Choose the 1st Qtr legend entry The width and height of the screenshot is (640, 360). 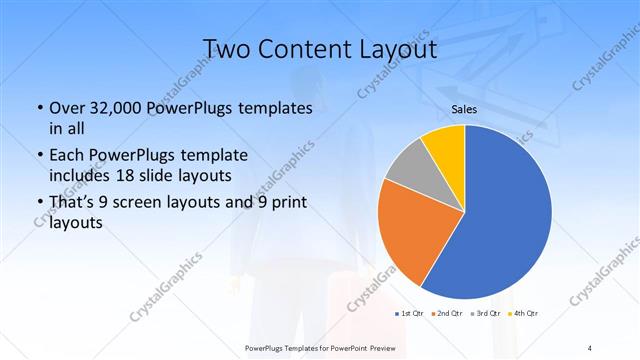point(410,314)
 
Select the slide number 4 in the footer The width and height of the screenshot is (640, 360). point(590,347)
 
